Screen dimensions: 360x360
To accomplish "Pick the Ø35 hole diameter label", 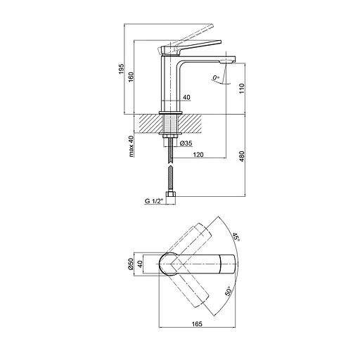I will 188,143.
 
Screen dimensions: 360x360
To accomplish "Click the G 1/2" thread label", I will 155,201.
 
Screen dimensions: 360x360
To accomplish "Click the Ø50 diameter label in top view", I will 131,265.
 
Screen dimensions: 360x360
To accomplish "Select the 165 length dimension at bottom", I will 196,324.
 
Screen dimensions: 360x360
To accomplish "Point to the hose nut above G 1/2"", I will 170,195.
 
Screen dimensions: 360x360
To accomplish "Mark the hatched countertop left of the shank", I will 148,124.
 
